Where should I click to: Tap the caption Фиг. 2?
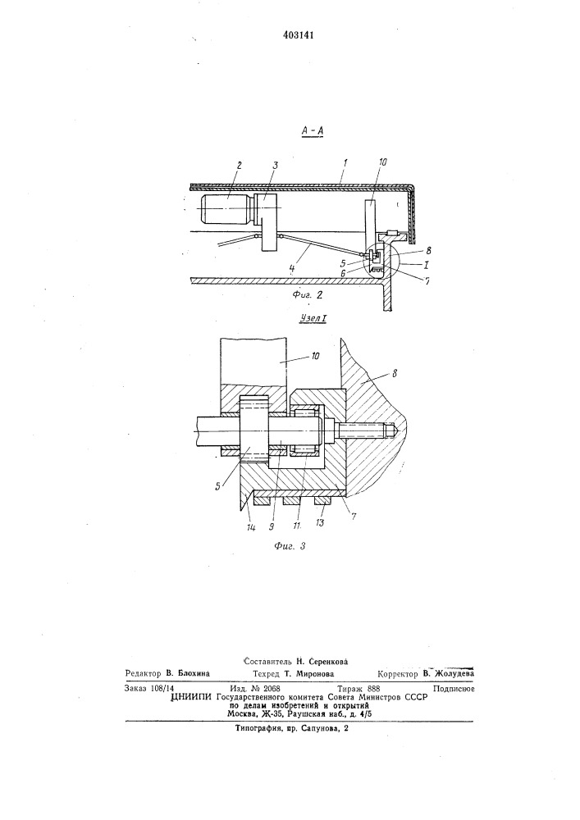pos(308,295)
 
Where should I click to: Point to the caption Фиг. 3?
pos(290,546)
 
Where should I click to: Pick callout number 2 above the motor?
pos(239,166)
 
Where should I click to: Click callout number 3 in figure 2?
pos(275,166)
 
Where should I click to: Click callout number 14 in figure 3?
pos(250,527)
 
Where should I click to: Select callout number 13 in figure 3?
pos(321,522)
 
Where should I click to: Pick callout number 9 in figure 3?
pos(272,526)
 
